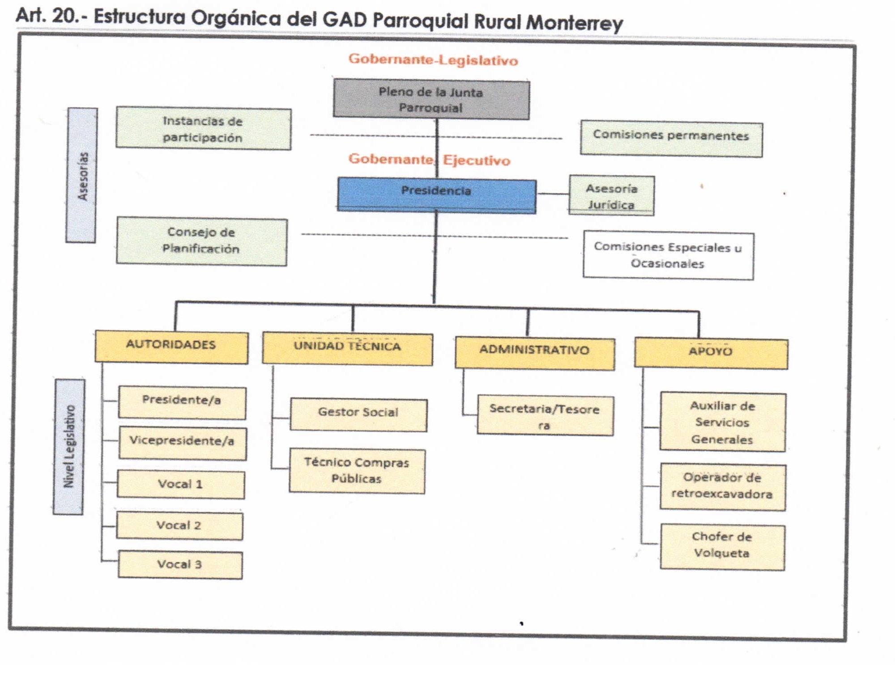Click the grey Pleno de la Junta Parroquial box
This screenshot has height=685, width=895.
431,99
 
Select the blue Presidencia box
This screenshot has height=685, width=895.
436,195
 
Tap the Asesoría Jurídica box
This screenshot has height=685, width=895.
611,196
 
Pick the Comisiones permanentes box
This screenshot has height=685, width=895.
671,139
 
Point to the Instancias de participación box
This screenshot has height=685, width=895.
203,129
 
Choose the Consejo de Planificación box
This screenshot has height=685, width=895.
201,241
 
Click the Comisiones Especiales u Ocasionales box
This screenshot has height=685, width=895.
668,255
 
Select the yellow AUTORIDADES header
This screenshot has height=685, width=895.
171,347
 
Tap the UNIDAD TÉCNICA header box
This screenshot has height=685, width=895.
347,349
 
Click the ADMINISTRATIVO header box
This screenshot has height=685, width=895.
535,353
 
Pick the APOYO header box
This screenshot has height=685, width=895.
711,354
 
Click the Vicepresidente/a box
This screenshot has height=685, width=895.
182,443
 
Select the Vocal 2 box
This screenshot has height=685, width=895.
179,526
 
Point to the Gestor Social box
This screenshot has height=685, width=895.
358,414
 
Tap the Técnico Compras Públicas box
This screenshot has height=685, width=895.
357,471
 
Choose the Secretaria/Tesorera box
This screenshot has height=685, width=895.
545,415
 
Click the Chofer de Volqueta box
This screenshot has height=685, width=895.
722,547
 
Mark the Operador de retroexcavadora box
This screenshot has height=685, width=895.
722,487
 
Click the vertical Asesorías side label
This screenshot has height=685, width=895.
81,176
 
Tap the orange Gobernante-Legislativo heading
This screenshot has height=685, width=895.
433,59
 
